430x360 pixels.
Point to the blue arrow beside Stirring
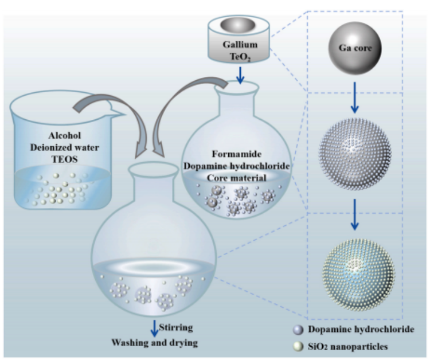[x=154, y=328]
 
